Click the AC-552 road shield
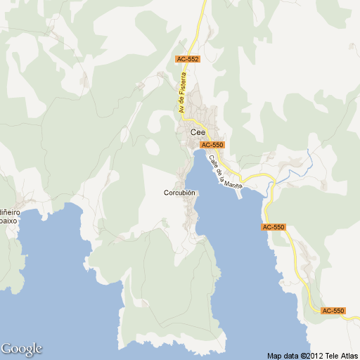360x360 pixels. (x=188, y=60)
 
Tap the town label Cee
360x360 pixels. (x=198, y=131)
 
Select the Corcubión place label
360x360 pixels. (x=179, y=193)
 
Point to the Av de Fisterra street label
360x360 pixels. (x=184, y=95)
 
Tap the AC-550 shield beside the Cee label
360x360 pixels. (x=212, y=145)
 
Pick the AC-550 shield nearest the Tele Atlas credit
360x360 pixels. (x=333, y=311)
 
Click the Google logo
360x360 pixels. (x=22, y=349)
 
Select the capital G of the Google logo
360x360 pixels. (x=6, y=348)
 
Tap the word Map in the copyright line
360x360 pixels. (x=274, y=355)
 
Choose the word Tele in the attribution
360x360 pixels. (x=329, y=355)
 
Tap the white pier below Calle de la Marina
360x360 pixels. (x=240, y=194)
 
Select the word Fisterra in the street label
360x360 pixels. (x=186, y=89)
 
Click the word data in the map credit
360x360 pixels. (x=290, y=355)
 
